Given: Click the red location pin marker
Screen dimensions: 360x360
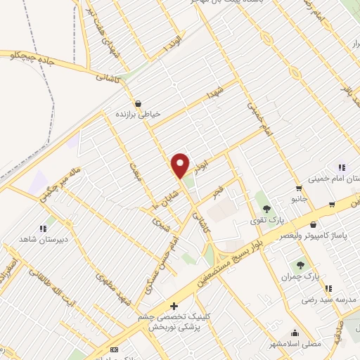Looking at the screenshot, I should coord(181,165).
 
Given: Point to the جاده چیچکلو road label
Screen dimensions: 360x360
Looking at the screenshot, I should coord(27,57).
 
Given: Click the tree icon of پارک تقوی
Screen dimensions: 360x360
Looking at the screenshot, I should coord(266,209).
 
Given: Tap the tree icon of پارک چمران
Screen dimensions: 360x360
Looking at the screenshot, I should coord(300,265).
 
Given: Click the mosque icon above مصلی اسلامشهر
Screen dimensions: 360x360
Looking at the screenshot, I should coord(293,333).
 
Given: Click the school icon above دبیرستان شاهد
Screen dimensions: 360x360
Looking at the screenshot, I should coord(42,228).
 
